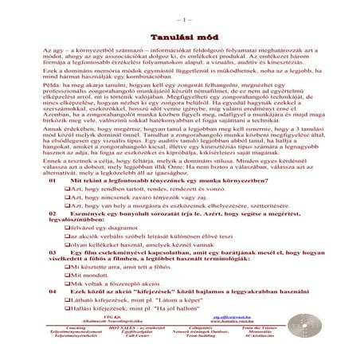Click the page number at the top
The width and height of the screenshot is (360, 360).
pyautogui.click(x=179, y=17)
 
